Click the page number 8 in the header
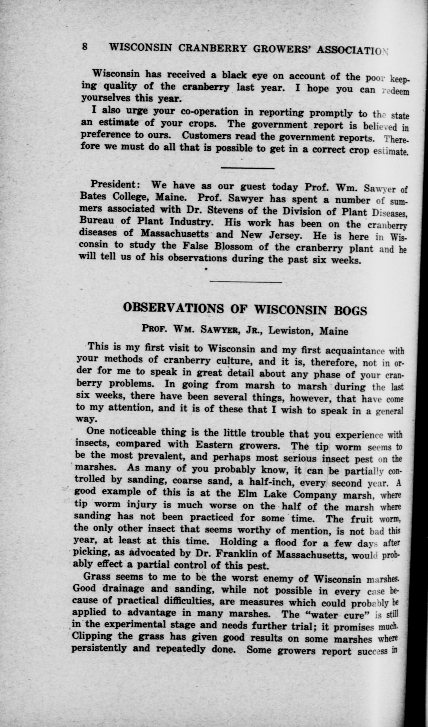click(85, 47)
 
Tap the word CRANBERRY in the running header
click(212, 48)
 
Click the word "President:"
click(113, 184)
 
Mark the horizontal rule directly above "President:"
click(247, 168)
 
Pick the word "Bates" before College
click(93, 196)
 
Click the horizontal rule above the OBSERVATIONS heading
click(246, 281)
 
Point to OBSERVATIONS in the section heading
click(173, 308)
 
